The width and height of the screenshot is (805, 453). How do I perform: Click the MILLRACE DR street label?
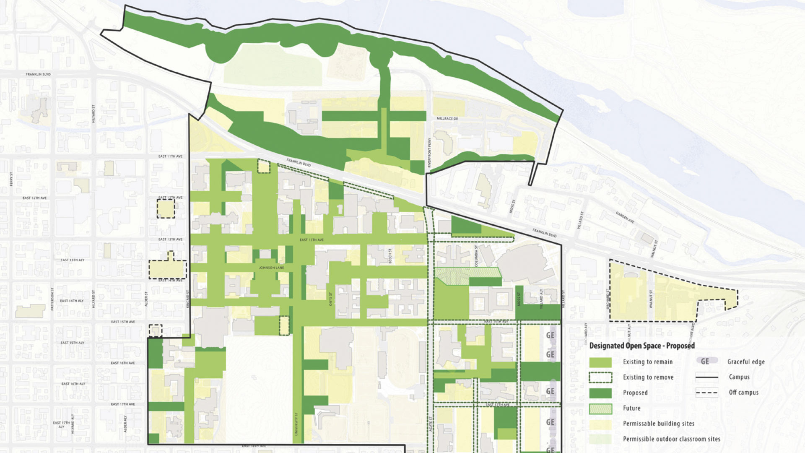447,119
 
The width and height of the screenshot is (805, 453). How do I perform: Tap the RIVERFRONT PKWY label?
429,153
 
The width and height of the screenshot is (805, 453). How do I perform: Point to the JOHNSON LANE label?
271,268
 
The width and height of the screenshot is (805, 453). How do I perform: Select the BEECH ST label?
390,256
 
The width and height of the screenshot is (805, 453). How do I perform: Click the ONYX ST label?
330,299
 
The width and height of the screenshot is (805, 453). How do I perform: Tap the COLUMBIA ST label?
476,255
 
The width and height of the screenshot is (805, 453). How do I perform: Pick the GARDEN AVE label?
625,217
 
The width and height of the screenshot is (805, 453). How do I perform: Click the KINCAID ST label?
187,299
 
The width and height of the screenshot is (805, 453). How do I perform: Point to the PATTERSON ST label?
52,299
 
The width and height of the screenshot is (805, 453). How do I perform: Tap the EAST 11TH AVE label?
170,156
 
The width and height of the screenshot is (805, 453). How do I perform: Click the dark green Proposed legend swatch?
600,393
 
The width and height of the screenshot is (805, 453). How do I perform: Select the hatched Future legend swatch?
600,409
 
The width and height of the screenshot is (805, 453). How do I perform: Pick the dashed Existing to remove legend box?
600,377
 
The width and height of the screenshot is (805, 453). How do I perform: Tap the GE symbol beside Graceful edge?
706,361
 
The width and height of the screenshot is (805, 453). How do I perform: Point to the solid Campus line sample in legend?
706,377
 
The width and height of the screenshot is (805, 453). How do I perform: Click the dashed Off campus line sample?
706,393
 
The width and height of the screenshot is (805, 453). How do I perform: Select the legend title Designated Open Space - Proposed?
642,346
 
